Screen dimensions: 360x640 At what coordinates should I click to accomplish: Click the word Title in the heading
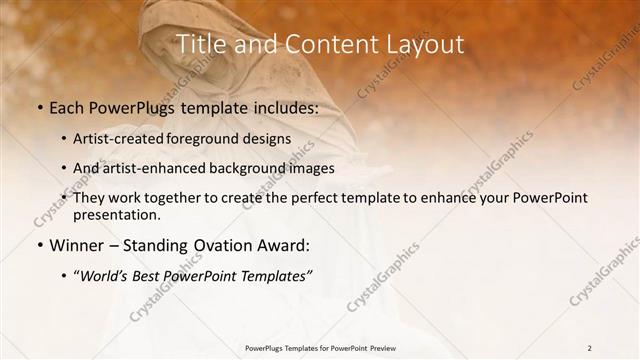pos(199,44)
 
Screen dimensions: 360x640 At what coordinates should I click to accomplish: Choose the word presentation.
pos(117,214)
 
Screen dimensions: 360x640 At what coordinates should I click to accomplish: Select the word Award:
pos(287,244)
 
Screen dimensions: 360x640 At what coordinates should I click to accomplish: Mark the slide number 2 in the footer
pos(589,348)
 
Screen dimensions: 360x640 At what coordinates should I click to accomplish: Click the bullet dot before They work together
pos(65,198)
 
